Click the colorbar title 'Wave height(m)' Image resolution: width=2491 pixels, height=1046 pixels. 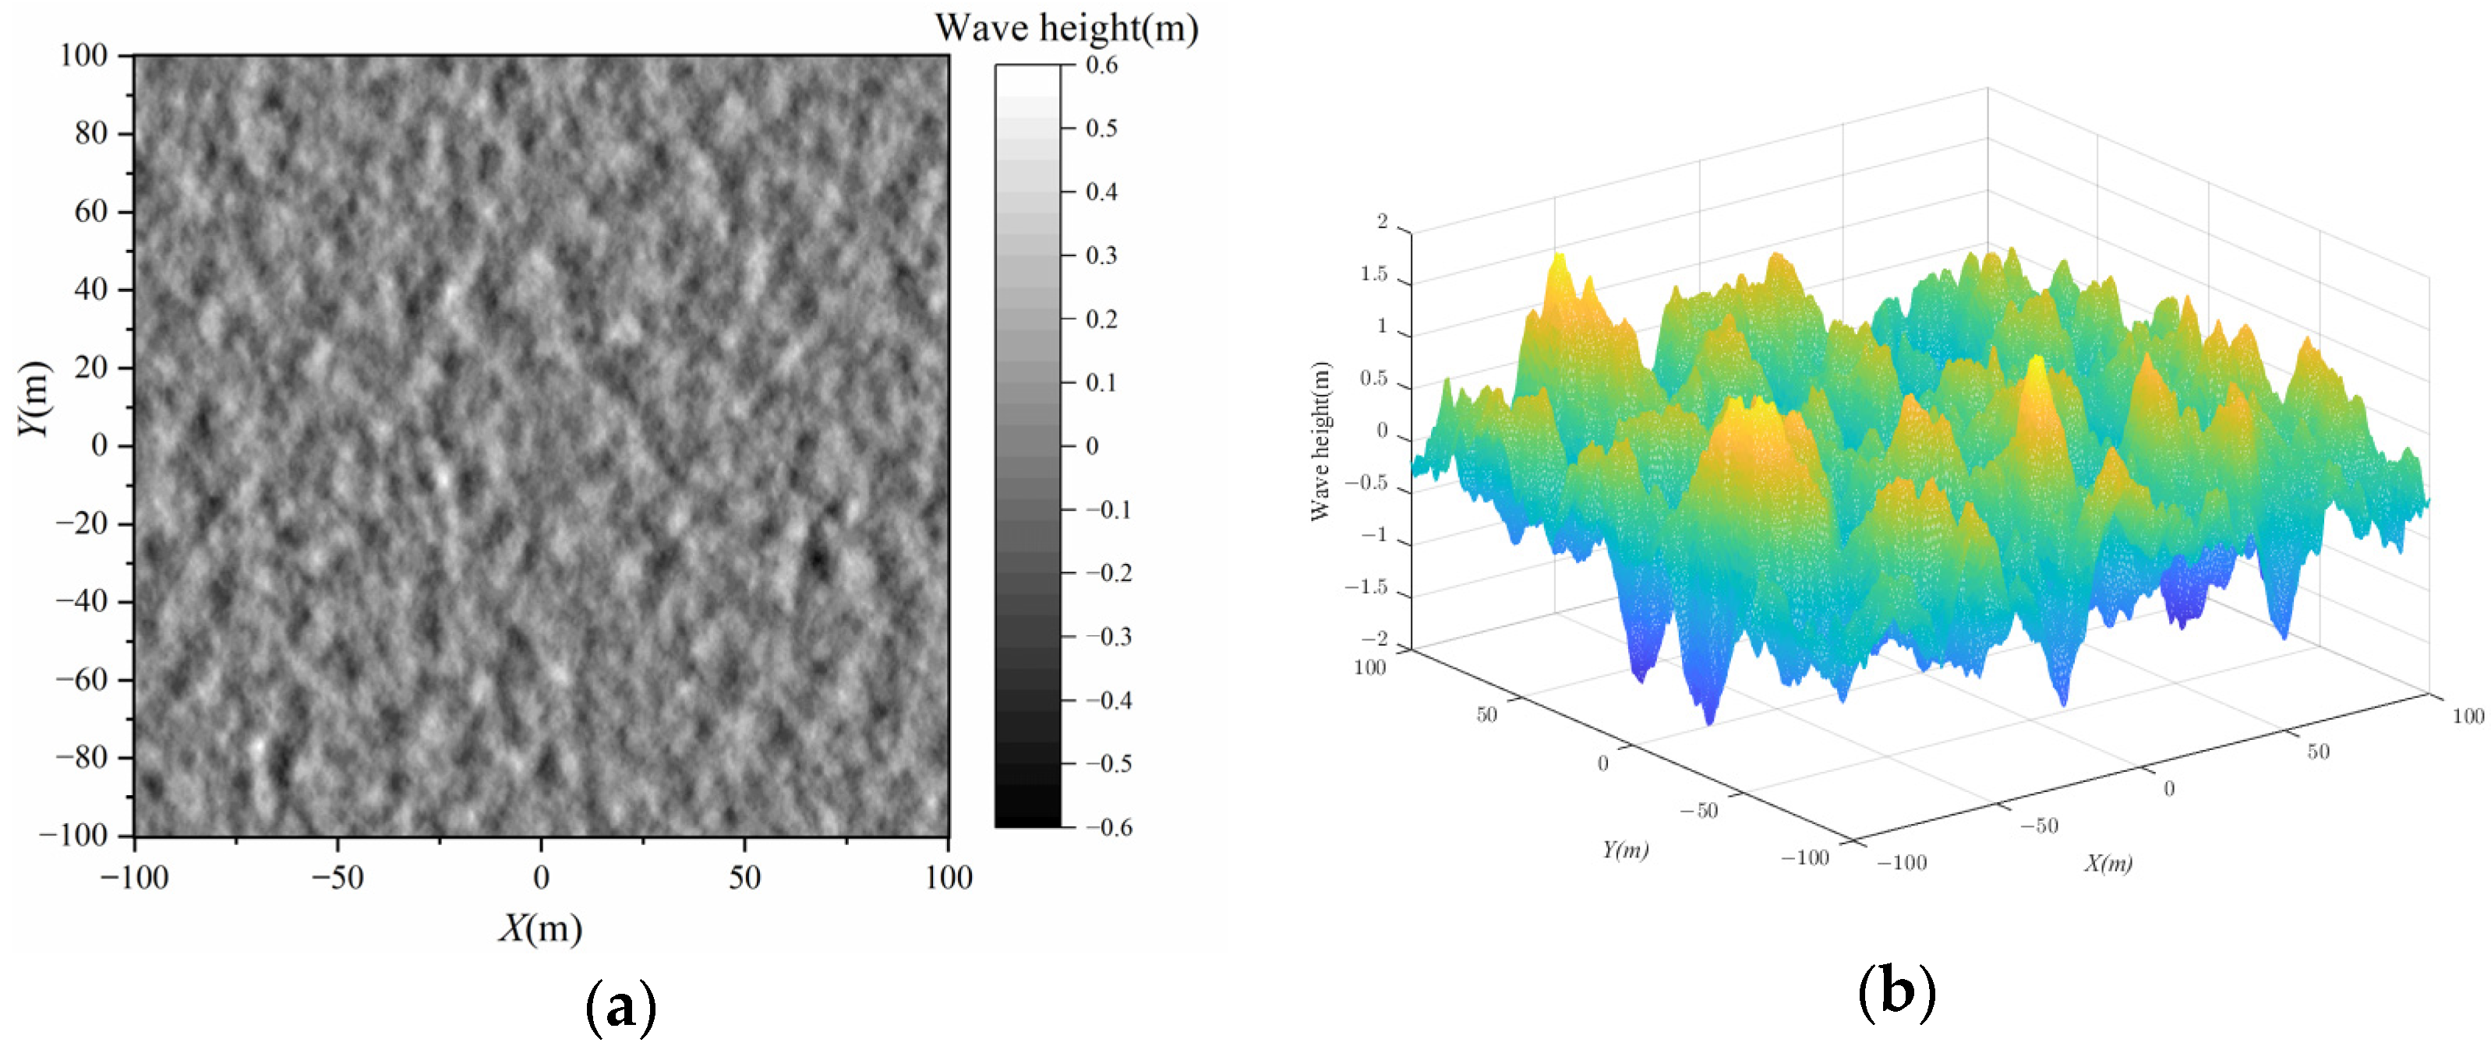pos(1065,28)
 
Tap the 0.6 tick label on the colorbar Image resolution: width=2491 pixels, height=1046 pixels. pos(1101,65)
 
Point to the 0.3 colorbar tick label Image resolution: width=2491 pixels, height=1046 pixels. pos(1101,255)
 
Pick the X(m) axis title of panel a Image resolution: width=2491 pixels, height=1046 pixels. pos(541,928)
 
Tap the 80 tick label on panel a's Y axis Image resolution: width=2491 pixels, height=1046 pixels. pos(91,133)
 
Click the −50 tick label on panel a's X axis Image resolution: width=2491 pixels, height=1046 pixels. pos(337,878)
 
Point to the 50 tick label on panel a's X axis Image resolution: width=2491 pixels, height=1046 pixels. pos(744,878)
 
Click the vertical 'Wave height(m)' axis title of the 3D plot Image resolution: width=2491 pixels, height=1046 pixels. pos(1321,441)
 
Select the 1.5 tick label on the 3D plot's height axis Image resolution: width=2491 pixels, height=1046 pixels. pos(1373,275)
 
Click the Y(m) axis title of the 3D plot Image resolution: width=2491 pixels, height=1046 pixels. pos(1624,850)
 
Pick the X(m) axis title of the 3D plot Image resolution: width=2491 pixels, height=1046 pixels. pos(2108,863)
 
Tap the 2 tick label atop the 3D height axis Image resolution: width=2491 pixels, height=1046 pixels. pos(1382,221)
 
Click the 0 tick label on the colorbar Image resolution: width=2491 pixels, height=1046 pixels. pos(1092,446)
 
